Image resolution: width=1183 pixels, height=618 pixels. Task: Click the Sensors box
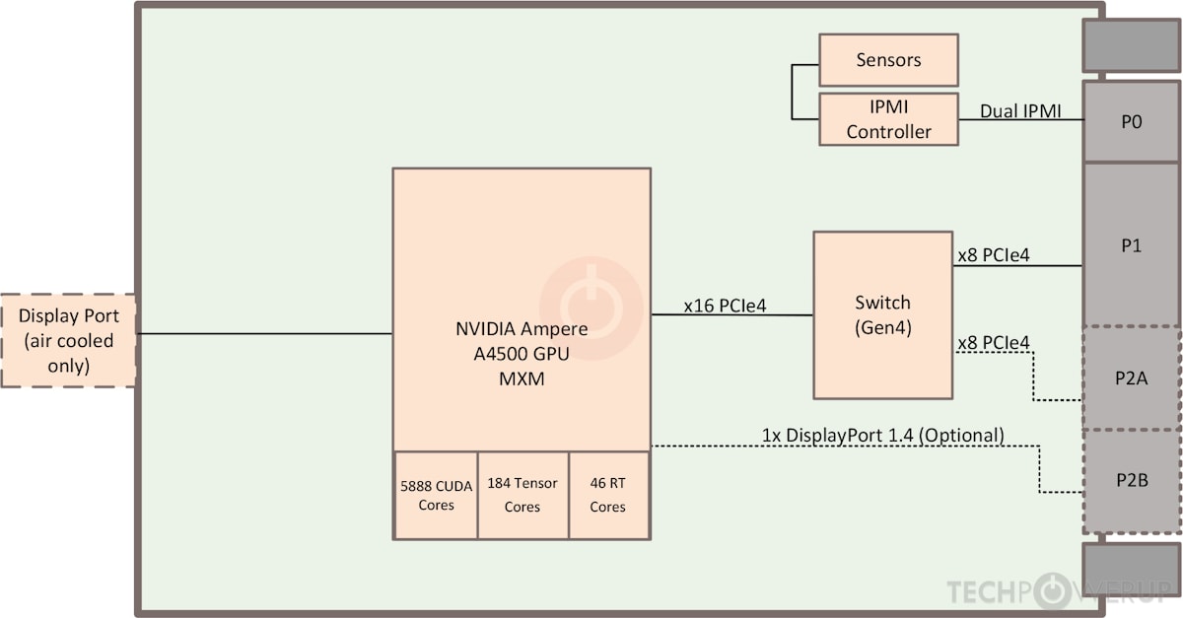click(888, 60)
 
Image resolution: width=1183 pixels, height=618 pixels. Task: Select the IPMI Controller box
click(888, 119)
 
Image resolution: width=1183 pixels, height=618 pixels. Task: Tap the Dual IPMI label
click(1020, 110)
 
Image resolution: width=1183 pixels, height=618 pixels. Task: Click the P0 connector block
click(1132, 122)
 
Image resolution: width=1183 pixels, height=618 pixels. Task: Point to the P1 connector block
click(1132, 245)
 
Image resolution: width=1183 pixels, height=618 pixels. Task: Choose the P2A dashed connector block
click(1132, 378)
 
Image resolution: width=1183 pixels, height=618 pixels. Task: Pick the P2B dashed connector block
click(1132, 480)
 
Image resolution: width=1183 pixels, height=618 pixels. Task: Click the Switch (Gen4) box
click(882, 315)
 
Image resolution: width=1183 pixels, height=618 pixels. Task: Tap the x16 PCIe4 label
click(725, 307)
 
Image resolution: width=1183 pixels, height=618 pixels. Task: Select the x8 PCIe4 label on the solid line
click(994, 255)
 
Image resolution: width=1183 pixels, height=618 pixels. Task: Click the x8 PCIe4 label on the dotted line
click(994, 343)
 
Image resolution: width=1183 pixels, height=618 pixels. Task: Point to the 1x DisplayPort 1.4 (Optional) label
click(882, 435)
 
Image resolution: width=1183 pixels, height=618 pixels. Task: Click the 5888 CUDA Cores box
click(436, 495)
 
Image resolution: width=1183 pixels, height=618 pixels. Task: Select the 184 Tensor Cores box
click(522, 495)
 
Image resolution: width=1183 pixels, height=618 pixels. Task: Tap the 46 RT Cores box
click(608, 495)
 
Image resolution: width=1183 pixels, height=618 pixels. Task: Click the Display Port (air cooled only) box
click(67, 341)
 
